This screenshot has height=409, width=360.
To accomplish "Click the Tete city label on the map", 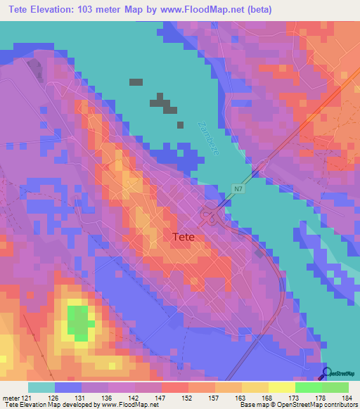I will point(188,238).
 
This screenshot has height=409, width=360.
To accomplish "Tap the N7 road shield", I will point(240,188).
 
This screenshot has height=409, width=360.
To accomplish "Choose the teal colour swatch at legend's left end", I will point(41,387).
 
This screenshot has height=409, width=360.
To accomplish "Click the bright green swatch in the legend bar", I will point(309,387).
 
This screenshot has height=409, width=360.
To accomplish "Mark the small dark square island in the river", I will point(136,82).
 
